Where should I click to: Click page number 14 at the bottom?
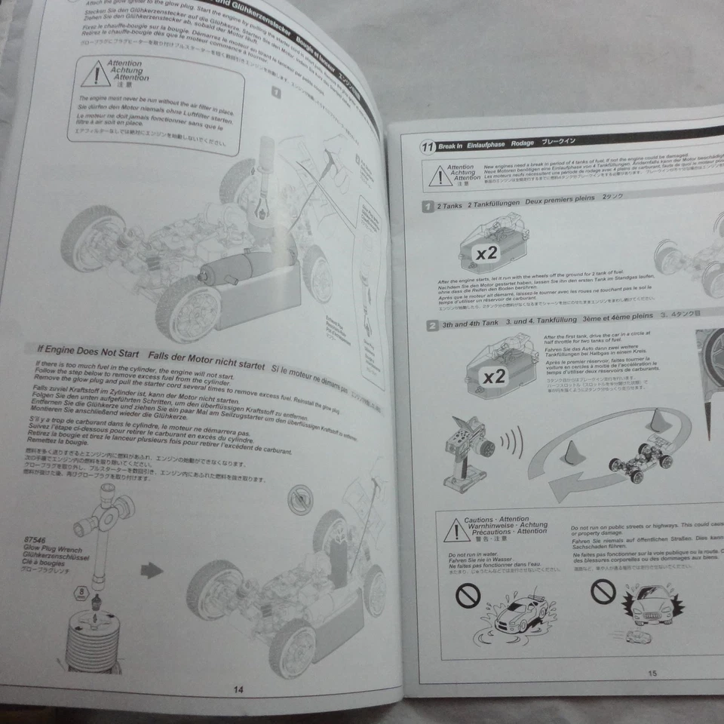(238, 689)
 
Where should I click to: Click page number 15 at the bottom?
(652, 674)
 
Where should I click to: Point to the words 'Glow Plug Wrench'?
(50, 550)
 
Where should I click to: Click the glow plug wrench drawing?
(106, 520)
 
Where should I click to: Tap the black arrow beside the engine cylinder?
(152, 570)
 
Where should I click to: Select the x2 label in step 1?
(486, 253)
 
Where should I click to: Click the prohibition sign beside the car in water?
(467, 596)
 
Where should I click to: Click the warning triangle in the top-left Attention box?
(96, 75)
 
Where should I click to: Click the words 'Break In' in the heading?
(450, 147)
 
